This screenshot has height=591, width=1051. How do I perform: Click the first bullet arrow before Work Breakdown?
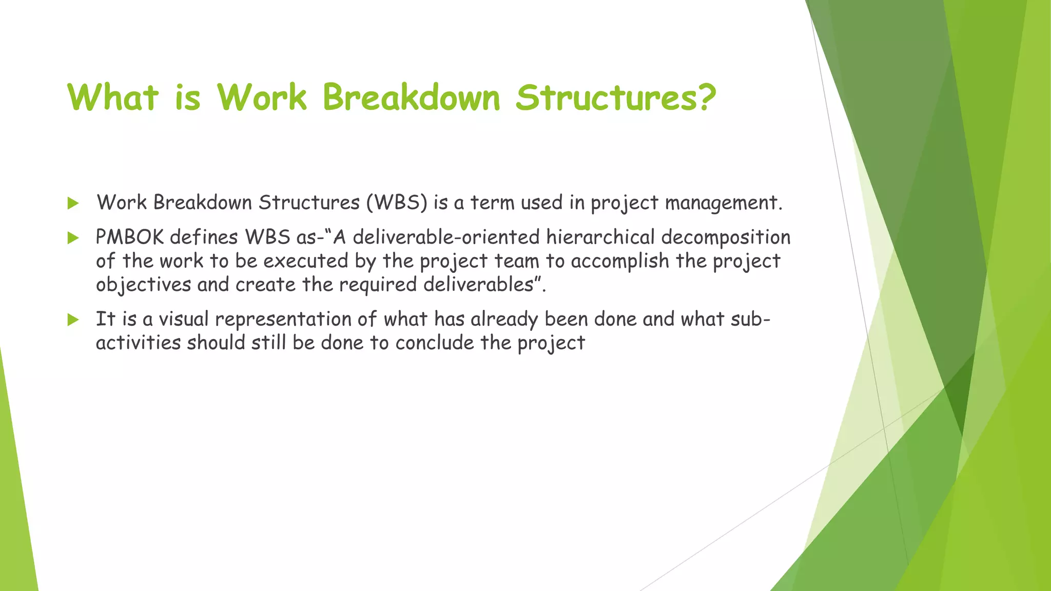click(73, 204)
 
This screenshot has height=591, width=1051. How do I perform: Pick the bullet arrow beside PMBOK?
click(73, 238)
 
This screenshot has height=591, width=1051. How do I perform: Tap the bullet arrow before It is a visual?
click(73, 320)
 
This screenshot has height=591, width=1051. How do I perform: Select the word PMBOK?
click(130, 238)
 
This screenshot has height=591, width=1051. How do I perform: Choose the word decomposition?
click(726, 238)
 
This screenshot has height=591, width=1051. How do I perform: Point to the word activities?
click(138, 343)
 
